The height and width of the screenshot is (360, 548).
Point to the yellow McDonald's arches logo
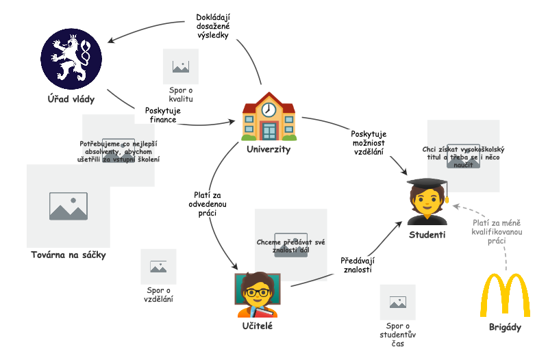(x=505, y=295)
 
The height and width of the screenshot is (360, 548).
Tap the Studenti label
(x=427, y=235)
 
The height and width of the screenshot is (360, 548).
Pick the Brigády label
(x=505, y=327)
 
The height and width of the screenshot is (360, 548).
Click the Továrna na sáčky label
(x=68, y=255)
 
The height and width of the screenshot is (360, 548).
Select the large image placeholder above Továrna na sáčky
(x=68, y=206)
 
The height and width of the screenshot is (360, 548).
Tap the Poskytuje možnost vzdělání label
(x=369, y=143)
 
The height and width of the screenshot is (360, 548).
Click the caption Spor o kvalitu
(x=182, y=94)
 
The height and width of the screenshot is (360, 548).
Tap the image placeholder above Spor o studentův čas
(x=398, y=302)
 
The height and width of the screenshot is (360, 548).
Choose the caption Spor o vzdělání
(x=158, y=294)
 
